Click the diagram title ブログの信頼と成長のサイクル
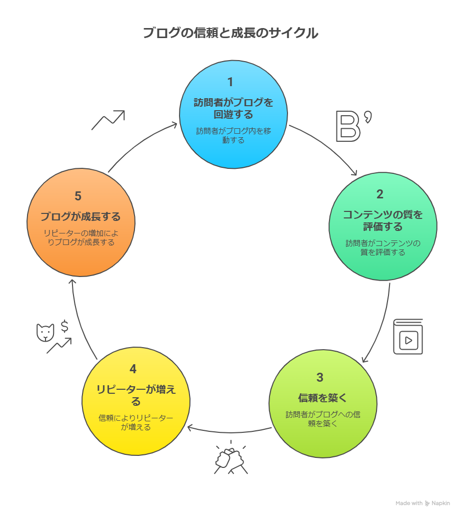point(230,33)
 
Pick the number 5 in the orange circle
point(78,196)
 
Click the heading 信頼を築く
point(322,398)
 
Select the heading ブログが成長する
point(80,217)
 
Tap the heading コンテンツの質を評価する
point(382,220)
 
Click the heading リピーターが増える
point(136,395)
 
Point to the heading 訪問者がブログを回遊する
point(233,108)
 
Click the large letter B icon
point(348,127)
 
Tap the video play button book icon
point(408,337)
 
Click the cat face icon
point(45,333)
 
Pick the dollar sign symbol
point(64,327)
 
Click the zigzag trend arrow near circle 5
point(107,120)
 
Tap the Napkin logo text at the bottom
point(440,503)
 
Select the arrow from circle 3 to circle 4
point(229,430)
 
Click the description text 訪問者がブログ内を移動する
point(233,135)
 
